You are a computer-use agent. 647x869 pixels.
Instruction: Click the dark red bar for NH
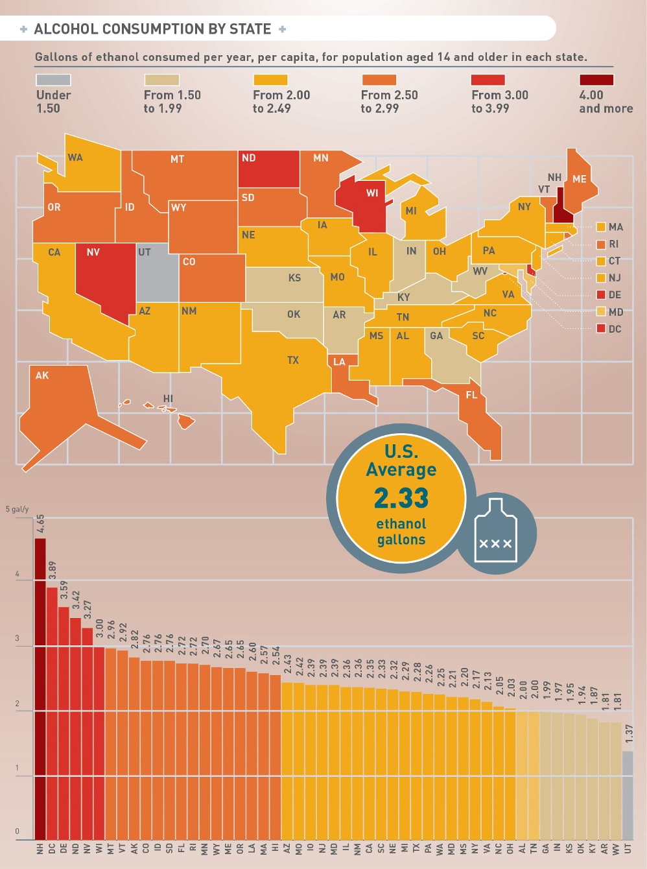40,687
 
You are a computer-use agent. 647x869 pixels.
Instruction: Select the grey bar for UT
627,795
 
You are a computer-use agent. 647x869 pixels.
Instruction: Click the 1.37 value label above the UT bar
628,734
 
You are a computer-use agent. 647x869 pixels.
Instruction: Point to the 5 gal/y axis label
18,509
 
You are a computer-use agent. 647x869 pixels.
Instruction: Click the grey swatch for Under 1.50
53,80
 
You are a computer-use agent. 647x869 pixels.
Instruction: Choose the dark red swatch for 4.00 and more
596,80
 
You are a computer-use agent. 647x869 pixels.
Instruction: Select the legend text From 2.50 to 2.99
389,102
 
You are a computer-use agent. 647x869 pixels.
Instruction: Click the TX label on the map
293,360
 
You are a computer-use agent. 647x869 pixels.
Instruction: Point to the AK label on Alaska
42,375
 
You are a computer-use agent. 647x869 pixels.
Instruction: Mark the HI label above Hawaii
168,399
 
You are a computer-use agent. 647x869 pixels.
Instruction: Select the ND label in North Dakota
248,158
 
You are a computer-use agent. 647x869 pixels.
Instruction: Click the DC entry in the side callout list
614,329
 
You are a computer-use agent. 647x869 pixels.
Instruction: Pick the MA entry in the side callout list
615,227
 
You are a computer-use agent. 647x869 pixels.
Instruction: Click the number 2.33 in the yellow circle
401,498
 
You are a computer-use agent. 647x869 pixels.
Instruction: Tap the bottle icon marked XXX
496,529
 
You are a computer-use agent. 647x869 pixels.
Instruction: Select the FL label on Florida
471,395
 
